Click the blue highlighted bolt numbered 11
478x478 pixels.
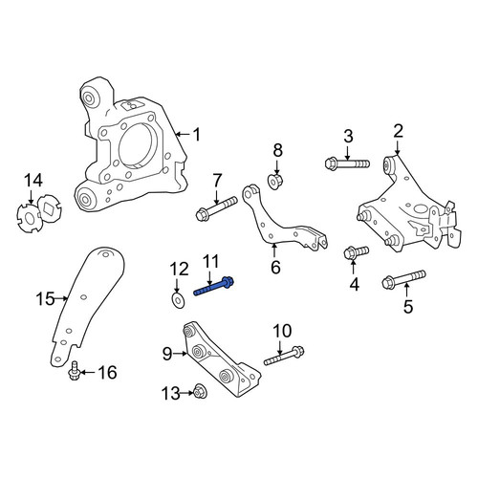[x=214, y=287]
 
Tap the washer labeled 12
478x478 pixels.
[x=177, y=300]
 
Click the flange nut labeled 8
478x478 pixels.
[x=275, y=182]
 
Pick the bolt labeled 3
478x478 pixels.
[x=347, y=164]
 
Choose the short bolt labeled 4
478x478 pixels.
[x=357, y=252]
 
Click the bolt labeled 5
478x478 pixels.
[x=403, y=279]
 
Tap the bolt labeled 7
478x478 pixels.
[x=216, y=208]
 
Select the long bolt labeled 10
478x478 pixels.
[x=284, y=356]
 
